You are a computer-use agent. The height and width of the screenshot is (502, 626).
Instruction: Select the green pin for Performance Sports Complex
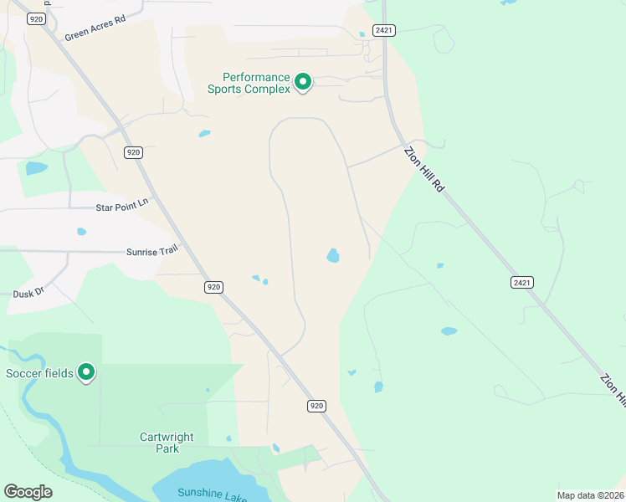tap(303, 83)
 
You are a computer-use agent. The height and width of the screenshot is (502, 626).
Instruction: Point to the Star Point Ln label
tap(121, 202)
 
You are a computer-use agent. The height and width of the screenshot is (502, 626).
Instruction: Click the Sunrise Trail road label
tap(152, 250)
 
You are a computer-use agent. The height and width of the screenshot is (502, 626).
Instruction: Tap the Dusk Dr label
tap(28, 294)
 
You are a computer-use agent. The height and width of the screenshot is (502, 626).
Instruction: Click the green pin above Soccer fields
tap(85, 371)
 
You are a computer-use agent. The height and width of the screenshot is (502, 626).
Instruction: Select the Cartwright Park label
tap(167, 443)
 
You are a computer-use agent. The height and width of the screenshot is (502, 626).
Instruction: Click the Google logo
tap(28, 492)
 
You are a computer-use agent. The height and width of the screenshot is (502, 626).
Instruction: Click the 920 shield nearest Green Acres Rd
tap(35, 18)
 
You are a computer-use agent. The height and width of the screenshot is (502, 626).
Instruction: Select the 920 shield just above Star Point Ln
tap(133, 152)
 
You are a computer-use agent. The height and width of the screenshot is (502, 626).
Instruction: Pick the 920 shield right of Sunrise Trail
tap(213, 286)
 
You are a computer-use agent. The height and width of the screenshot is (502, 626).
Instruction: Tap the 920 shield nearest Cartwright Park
tap(315, 406)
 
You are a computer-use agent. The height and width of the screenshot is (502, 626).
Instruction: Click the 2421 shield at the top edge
tap(384, 30)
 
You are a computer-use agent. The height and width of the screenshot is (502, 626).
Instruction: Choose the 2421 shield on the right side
tap(521, 282)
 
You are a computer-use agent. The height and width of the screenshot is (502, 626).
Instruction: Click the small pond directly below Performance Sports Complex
tap(205, 133)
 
